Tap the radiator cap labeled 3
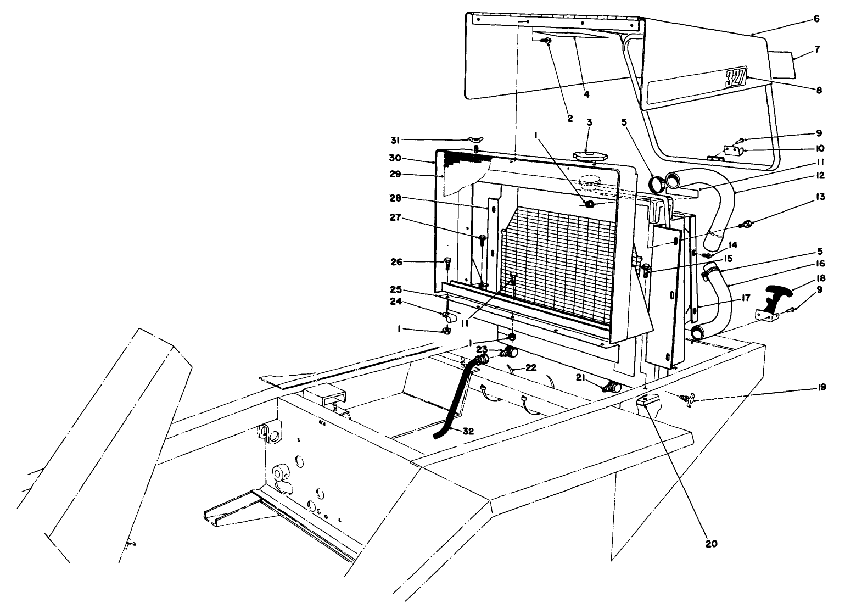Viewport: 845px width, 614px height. [589, 155]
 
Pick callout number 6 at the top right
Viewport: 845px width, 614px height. [816, 19]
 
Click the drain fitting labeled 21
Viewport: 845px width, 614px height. [611, 388]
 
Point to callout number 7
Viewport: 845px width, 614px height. [818, 49]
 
